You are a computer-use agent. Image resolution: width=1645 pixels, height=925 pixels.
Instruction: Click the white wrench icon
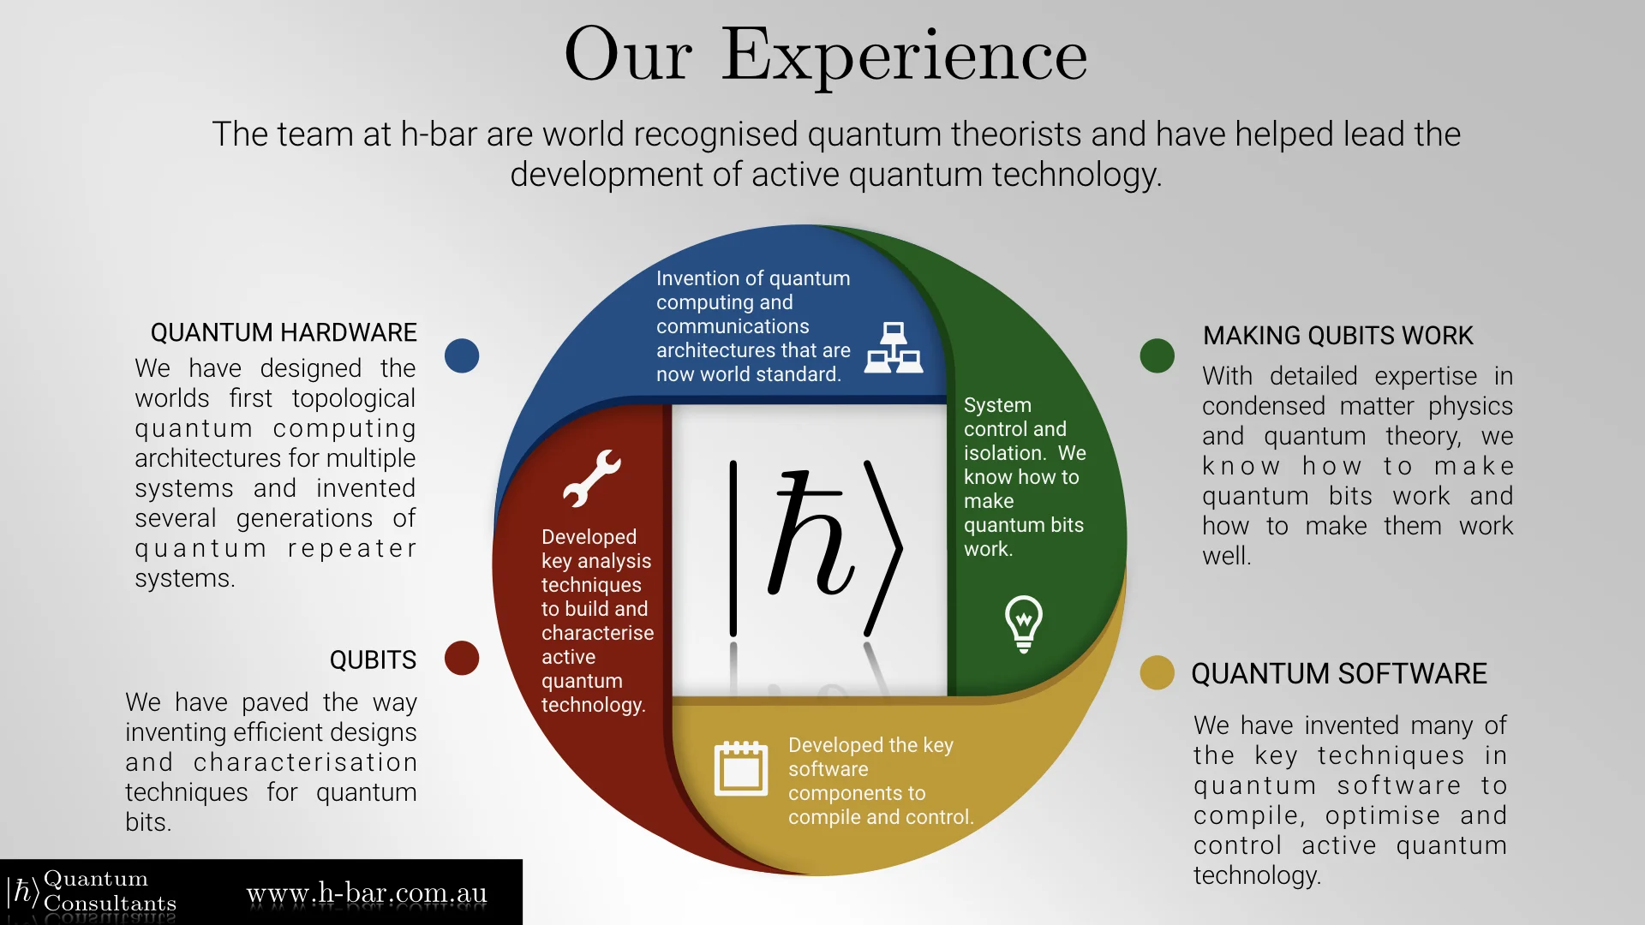pos(591,478)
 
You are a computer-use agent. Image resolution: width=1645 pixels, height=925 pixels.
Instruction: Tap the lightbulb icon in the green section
pos(1023,624)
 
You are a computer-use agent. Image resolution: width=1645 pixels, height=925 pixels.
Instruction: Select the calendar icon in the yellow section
pos(741,768)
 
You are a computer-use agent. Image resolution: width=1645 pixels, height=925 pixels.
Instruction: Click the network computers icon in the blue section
pos(893,348)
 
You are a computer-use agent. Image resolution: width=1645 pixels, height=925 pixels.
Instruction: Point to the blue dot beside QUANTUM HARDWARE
pos(462,355)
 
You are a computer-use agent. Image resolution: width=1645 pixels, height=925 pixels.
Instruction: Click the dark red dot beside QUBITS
pos(462,658)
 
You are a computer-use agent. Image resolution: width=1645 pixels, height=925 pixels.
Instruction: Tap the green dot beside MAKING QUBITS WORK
pos(1157,355)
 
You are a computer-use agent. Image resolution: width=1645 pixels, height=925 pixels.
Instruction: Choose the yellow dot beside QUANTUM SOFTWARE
pos(1157,673)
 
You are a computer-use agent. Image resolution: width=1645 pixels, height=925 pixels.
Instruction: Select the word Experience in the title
pos(904,56)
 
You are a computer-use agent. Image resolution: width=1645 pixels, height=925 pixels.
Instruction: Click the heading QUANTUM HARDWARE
pos(284,332)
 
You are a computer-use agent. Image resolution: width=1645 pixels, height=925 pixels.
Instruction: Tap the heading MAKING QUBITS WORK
pos(1337,336)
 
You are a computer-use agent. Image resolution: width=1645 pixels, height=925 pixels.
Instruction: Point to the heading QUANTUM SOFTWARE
pos(1338,674)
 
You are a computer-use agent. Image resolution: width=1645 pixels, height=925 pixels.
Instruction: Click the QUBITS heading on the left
pos(373,659)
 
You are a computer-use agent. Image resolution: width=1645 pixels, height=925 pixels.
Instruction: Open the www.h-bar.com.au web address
pos(367,893)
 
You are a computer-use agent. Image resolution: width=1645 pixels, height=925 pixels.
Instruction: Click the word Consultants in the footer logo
pos(110,904)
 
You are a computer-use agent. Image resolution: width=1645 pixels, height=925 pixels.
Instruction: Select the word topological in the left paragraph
pos(353,398)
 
